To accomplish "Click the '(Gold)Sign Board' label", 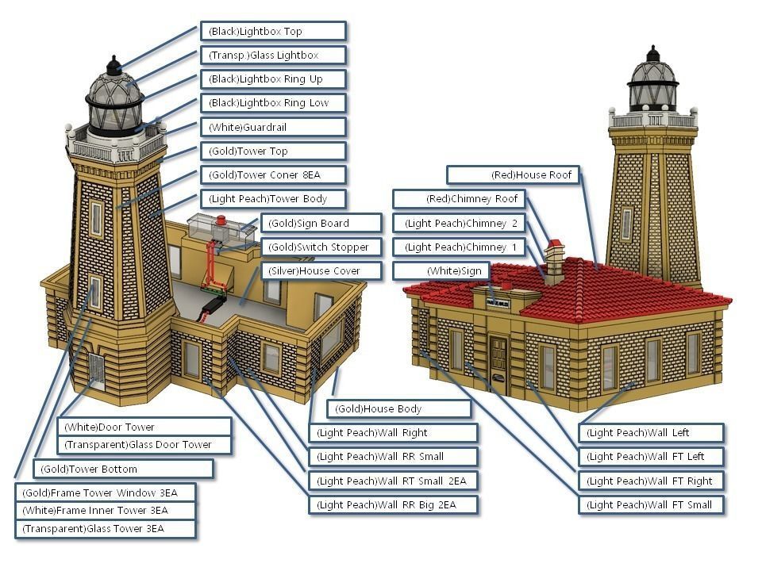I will pos(321,223).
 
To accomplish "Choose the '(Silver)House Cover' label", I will pos(321,270).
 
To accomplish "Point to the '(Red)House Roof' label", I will pos(513,174).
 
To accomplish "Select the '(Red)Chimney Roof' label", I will pos(459,199).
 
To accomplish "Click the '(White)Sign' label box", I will pos(441,271).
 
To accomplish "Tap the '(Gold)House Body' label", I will pos(398,409).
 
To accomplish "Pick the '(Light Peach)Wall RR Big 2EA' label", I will pos(394,504).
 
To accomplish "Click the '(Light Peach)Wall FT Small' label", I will pos(651,504).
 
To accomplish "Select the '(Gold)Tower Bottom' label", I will pos(123,469).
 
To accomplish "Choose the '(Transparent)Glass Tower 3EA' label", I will pos(105,529).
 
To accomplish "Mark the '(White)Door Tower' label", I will pos(145,427).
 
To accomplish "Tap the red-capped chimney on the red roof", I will pos(554,258).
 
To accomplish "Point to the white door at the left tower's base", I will pos(96,370).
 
